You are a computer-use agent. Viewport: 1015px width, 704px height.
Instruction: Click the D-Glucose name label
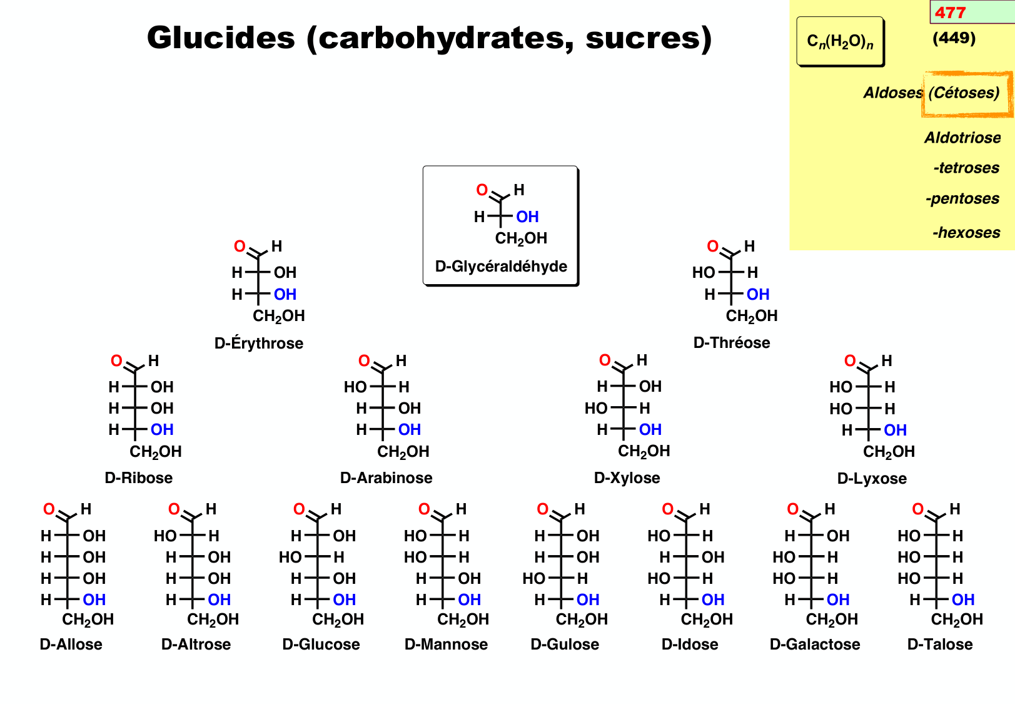click(321, 644)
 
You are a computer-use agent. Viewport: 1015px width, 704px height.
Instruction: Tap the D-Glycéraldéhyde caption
click(501, 266)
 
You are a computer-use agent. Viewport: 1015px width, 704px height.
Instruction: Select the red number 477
click(950, 13)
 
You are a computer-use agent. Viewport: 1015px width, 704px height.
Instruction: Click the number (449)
click(954, 38)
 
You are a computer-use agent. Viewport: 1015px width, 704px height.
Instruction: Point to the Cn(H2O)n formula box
click(840, 41)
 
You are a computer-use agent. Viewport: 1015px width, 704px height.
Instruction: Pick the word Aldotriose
click(962, 138)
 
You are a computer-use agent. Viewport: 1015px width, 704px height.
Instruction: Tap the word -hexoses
click(966, 233)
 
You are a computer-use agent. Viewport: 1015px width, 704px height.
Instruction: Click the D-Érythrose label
click(259, 343)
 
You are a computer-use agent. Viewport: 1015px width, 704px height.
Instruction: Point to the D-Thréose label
click(732, 342)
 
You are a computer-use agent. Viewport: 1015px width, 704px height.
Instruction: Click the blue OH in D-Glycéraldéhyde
click(527, 217)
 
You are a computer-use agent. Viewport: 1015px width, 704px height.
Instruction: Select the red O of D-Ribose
click(116, 361)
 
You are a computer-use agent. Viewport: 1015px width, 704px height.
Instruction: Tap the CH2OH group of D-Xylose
click(644, 451)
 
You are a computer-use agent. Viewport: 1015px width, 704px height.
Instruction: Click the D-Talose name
click(940, 644)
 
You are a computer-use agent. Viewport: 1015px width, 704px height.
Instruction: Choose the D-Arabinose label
click(386, 477)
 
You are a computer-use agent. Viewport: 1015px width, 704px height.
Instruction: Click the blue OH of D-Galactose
click(838, 599)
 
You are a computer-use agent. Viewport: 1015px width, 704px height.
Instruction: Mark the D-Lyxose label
click(872, 478)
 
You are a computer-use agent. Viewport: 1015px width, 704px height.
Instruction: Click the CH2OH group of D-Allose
click(88, 620)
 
